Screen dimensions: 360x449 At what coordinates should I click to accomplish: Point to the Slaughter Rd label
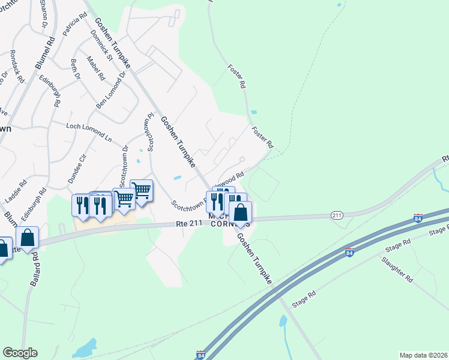(x=397, y=270)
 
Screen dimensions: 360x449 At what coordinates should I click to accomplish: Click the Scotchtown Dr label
(x=124, y=166)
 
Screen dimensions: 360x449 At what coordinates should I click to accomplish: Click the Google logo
(x=20, y=353)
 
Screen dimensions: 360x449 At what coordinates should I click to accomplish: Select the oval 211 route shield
(x=337, y=215)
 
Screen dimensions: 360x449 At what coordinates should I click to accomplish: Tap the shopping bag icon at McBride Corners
(x=240, y=212)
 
